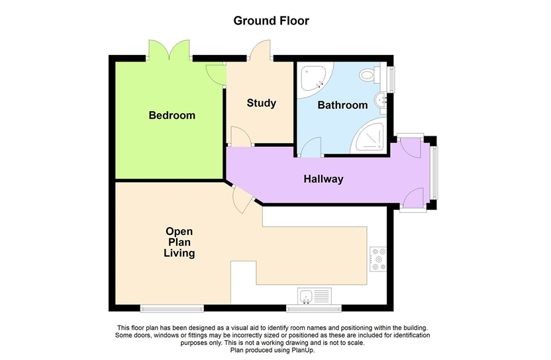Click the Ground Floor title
[271, 21]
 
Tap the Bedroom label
[172, 115]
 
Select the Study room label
[261, 103]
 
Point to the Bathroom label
[342, 105]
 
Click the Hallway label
[323, 179]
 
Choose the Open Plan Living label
[179, 242]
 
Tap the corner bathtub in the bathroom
[316, 80]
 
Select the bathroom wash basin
[381, 99]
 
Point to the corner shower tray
[370, 136]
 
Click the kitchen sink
[314, 296]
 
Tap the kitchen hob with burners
[378, 259]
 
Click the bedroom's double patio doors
[170, 50]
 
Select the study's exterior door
[260, 50]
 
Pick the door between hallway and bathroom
[311, 147]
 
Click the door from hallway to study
[241, 136]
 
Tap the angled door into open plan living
[243, 199]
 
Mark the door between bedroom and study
[216, 75]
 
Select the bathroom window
[391, 79]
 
